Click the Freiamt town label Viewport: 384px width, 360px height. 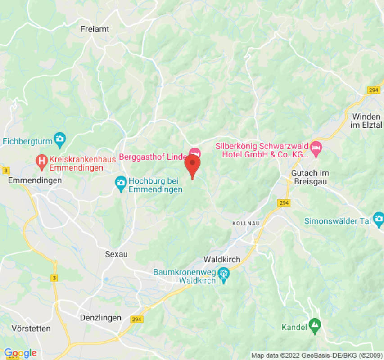pyautogui.click(x=95, y=29)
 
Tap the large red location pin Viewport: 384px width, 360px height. pyautogui.click(x=193, y=164)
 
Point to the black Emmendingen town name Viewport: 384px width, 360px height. pyautogui.click(x=35, y=180)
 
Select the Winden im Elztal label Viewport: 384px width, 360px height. pyautogui.click(x=366, y=121)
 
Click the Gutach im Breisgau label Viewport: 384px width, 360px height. pyautogui.click(x=310, y=177)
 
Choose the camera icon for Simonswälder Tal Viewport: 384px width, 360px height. pyautogui.click(x=378, y=220)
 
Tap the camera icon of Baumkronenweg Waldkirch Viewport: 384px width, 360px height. pyautogui.click(x=223, y=273)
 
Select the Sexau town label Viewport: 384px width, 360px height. pyautogui.click(x=116, y=254)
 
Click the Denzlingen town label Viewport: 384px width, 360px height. pyautogui.click(x=100, y=318)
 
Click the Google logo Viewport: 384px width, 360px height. pyautogui.click(x=20, y=353)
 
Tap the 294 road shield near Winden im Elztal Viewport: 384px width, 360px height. pyautogui.click(x=373, y=90)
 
